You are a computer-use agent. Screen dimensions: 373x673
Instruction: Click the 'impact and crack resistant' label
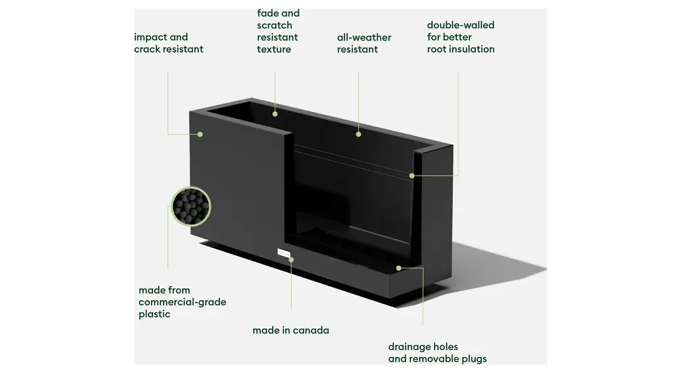(168, 43)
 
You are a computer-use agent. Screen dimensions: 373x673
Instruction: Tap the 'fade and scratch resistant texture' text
(277, 31)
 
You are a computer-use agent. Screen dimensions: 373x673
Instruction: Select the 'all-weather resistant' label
(363, 43)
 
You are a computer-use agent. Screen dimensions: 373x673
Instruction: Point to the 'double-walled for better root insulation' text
(460, 37)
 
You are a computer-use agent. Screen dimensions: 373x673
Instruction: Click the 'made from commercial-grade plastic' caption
(182, 302)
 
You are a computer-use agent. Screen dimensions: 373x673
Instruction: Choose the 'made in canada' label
(290, 330)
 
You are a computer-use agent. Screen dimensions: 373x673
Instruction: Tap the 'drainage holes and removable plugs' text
(437, 353)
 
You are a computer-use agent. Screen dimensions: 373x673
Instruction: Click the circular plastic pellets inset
(191, 206)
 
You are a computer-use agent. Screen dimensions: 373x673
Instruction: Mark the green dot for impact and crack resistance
(200, 134)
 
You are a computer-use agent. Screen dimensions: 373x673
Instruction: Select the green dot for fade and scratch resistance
(275, 114)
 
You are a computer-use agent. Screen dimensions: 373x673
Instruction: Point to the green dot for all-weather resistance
(358, 134)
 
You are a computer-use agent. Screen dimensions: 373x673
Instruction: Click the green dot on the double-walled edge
(412, 175)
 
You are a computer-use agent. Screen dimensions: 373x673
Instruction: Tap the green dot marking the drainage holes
(399, 268)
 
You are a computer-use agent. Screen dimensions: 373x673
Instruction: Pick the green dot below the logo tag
(291, 260)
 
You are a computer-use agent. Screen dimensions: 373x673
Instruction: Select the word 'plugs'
(473, 359)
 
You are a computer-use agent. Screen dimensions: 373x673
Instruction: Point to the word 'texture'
(274, 49)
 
